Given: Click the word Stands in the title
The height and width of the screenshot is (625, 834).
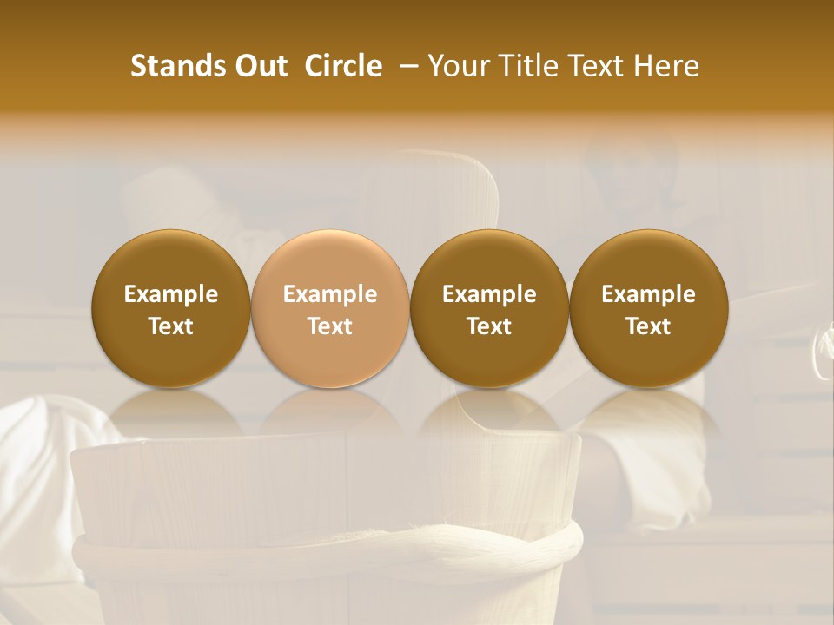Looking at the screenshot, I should coord(177,66).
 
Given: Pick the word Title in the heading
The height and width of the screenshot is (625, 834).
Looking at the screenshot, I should coord(529,66).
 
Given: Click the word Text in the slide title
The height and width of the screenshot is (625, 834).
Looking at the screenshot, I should coord(599,66).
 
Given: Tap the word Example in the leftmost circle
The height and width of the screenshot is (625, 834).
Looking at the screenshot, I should coord(171,294).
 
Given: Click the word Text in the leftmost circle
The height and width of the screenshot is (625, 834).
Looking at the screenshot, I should coord(171,326).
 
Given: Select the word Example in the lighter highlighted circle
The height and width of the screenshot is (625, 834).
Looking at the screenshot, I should coord(330,294).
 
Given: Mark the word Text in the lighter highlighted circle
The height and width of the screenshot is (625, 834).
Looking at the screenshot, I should coord(330,326).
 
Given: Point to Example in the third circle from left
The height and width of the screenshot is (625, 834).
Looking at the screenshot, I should coord(489,294).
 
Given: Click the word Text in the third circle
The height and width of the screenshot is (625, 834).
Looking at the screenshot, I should coord(489,326).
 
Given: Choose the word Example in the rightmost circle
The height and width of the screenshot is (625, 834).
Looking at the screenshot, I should coord(648,294).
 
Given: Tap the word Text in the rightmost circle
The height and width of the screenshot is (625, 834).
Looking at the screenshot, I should coord(648,326).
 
